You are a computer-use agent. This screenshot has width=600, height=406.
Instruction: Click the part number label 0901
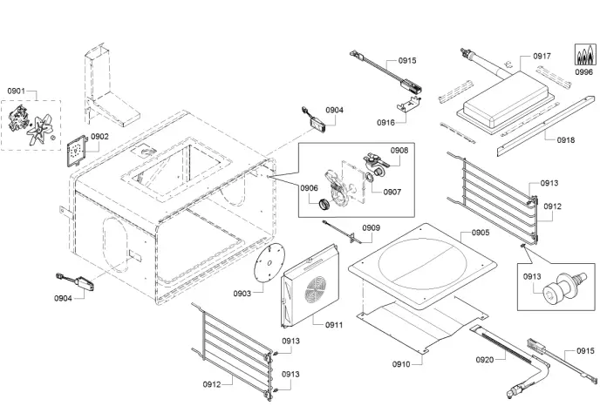pyautogui.click(x=17, y=91)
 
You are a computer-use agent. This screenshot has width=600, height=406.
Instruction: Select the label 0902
pyautogui.click(x=99, y=137)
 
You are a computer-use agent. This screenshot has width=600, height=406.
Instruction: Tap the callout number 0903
pyautogui.click(x=242, y=294)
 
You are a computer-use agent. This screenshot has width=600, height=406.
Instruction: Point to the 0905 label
pyautogui.click(x=481, y=233)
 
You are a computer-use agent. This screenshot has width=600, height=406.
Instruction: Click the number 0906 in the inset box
pyautogui.click(x=310, y=188)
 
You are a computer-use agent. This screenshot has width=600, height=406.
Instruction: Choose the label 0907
pyautogui.click(x=392, y=192)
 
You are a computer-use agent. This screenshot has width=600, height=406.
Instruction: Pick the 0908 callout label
pyautogui.click(x=399, y=150)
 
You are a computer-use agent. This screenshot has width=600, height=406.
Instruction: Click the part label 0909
pyautogui.click(x=372, y=228)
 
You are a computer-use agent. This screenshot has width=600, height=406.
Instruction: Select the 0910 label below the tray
pyautogui.click(x=401, y=363)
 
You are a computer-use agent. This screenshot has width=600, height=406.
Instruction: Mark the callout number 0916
pyautogui.click(x=386, y=123)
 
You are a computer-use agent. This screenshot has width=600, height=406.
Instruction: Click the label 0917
pyautogui.click(x=542, y=56)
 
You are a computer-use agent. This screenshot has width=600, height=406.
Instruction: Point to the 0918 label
pyautogui.click(x=565, y=139)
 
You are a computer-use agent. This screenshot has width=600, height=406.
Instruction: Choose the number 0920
pyautogui.click(x=485, y=359)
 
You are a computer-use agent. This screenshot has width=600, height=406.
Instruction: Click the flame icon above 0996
pyautogui.click(x=583, y=56)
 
